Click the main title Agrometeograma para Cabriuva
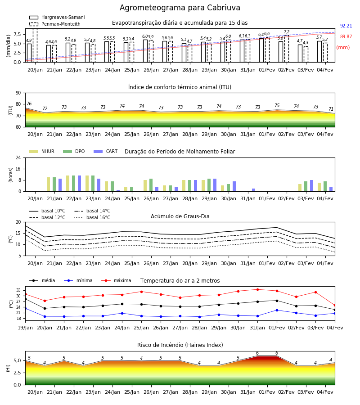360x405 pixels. (x=180, y=8)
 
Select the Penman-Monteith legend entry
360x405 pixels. (x=55, y=24)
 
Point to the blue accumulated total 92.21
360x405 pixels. (x=346, y=26)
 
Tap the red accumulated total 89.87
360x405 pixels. (x=346, y=37)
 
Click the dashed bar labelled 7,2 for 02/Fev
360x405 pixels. (x=286, y=49)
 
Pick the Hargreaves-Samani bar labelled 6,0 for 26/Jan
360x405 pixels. (x=145, y=51)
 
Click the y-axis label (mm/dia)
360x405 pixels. (x=9, y=46)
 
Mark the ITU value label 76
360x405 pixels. (x=29, y=103)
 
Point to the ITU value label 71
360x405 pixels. (x=331, y=109)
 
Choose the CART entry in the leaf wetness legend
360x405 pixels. (x=105, y=151)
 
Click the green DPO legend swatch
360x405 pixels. (x=67, y=151)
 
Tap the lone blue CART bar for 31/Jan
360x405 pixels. (x=254, y=190)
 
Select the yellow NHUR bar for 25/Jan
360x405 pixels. (x=126, y=189)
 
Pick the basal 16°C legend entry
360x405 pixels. (x=92, y=217)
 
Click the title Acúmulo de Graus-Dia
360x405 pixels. (x=180, y=216)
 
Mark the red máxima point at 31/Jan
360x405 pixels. (x=257, y=289)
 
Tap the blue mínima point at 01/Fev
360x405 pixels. (x=277, y=310)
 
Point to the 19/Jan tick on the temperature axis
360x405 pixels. (x=25, y=328)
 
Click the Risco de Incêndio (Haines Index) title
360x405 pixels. (x=180, y=345)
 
